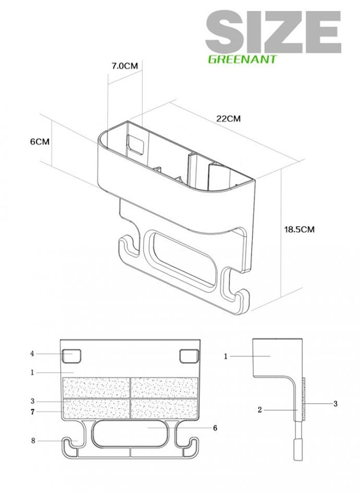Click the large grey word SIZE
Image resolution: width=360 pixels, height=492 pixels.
(273, 32)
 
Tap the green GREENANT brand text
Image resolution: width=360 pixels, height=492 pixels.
(242, 59)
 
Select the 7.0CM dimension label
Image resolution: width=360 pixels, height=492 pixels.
(125, 66)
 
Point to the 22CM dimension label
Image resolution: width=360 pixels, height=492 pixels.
(229, 118)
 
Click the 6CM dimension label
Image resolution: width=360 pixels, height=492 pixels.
(40, 141)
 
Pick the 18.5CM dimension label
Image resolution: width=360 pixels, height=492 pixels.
(299, 230)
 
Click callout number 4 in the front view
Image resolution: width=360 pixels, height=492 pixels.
(32, 354)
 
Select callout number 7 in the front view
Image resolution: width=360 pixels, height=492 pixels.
(33, 412)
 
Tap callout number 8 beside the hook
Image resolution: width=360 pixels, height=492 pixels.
(33, 441)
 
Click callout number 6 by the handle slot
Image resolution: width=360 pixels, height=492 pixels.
(215, 428)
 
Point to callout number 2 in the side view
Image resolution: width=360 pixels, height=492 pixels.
(260, 410)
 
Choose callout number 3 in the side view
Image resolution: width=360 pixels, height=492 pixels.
(335, 404)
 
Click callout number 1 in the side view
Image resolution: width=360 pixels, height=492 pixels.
(226, 356)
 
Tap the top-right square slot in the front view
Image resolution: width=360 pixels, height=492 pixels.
(189, 356)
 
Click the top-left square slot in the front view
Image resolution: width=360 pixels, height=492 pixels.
(72, 356)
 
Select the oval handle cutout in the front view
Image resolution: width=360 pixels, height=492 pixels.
(130, 433)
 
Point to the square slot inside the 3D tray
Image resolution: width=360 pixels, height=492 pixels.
(136, 144)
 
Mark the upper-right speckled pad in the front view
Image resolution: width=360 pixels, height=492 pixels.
(164, 388)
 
